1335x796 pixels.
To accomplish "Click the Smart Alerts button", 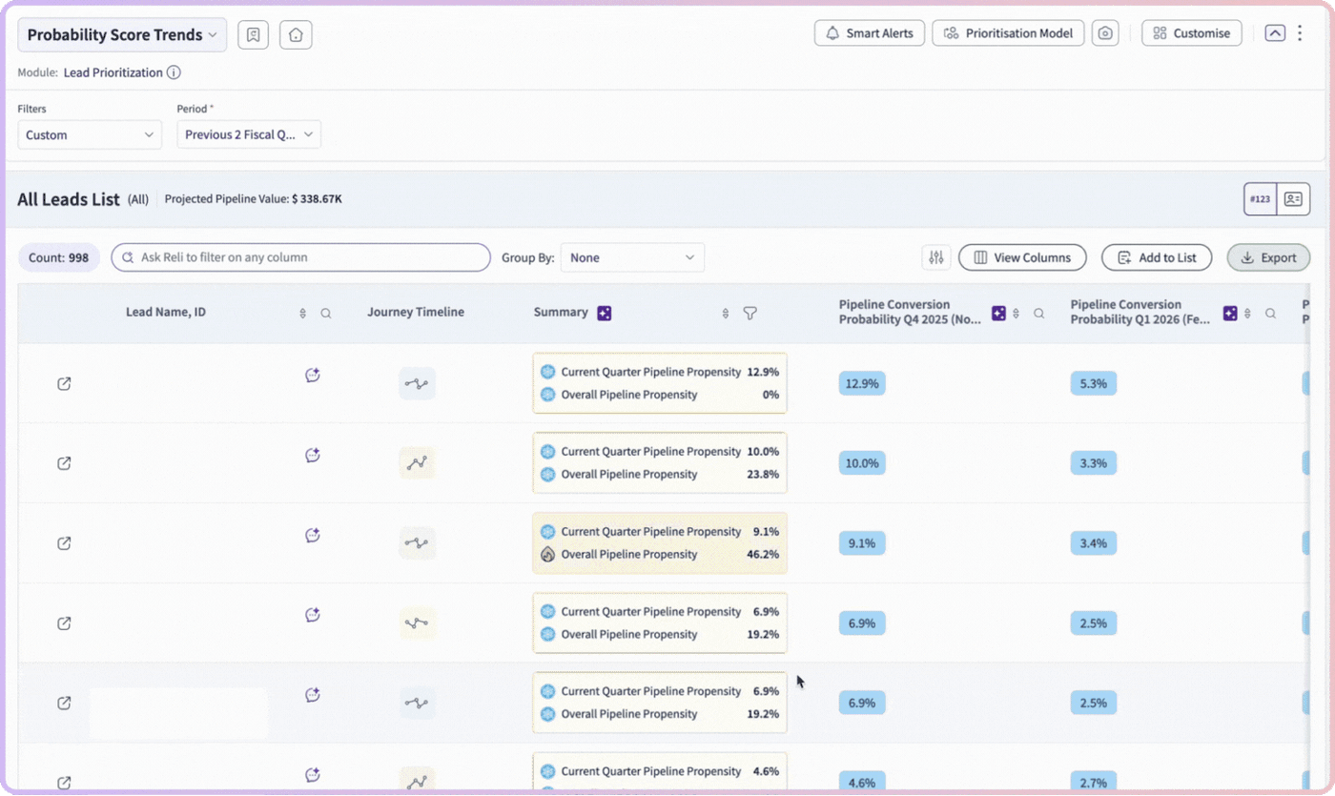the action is (869, 33).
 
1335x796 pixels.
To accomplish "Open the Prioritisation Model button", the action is (1008, 33).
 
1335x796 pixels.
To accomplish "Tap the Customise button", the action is (1191, 33).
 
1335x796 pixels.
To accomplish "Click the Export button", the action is (1268, 257).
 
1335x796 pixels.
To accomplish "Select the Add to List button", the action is (1156, 257).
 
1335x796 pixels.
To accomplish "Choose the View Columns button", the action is (1022, 257).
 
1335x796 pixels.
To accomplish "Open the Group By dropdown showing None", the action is (632, 257).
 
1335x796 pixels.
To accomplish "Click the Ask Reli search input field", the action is (301, 257).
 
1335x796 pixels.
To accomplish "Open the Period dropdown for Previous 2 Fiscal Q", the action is (249, 134).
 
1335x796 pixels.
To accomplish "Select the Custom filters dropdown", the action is (90, 134).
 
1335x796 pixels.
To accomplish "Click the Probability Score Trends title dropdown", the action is (122, 34).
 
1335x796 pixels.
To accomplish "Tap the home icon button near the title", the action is (296, 34).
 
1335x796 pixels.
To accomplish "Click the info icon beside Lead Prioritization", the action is (174, 72).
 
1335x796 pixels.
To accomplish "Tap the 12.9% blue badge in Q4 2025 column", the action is (862, 383).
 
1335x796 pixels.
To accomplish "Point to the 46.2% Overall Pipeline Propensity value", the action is (763, 554).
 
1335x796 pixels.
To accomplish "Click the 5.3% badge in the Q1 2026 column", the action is (1093, 383).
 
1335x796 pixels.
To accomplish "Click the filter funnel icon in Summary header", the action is (750, 313).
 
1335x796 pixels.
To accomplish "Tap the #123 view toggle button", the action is (1260, 199).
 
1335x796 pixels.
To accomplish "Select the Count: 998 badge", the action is (58, 257).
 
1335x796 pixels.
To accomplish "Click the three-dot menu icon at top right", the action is (1300, 33).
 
